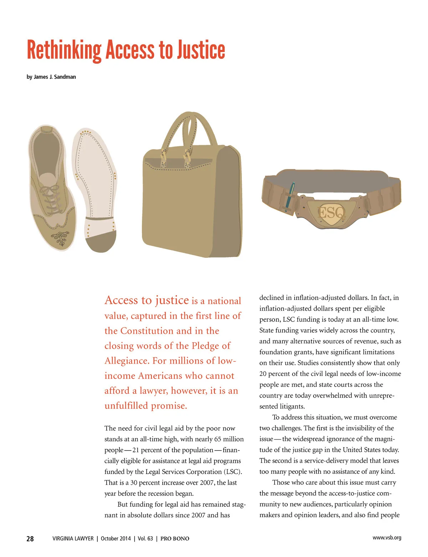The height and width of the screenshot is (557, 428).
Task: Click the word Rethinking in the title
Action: (x=64, y=51)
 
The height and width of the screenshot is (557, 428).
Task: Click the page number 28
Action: (x=30, y=539)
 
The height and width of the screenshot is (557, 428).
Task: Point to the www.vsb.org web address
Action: (x=387, y=538)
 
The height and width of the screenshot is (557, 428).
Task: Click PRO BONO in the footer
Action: (x=175, y=539)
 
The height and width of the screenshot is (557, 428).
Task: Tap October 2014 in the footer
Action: (x=116, y=539)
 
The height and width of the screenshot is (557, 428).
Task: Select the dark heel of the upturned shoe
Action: (x=101, y=241)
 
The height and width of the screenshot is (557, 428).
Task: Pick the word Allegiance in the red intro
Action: (x=126, y=361)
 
